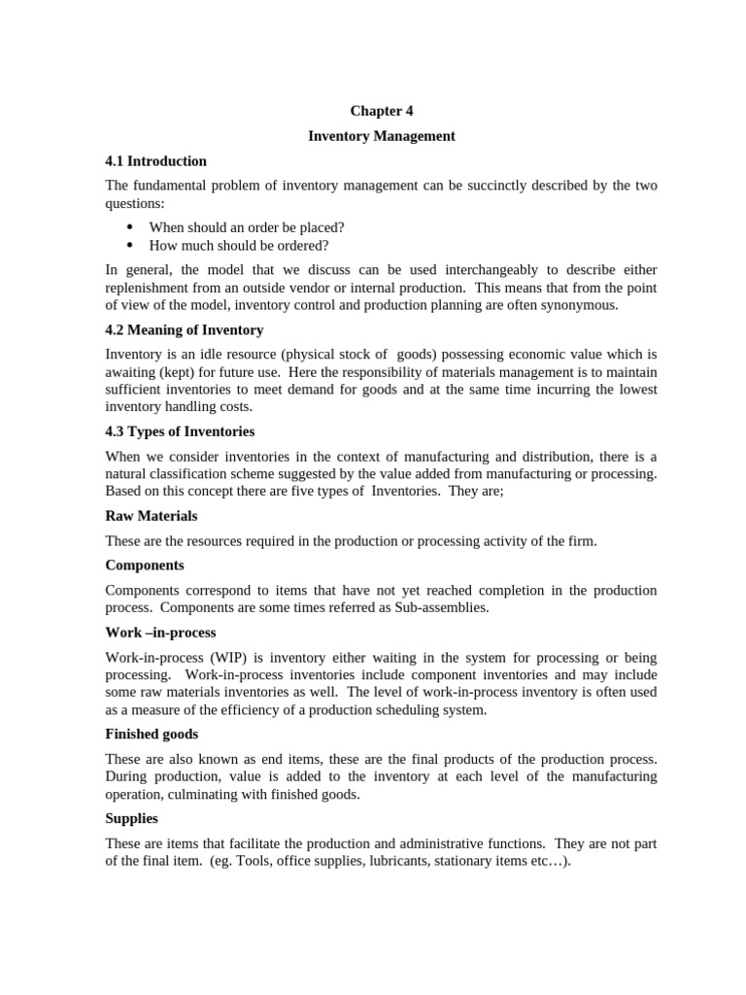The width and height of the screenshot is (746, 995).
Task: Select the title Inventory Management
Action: [x=381, y=136]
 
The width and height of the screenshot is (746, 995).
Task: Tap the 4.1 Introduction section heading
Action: [x=155, y=161]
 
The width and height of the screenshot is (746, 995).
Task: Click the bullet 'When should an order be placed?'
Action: [x=246, y=227]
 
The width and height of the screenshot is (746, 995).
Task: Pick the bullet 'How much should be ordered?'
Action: [x=238, y=245]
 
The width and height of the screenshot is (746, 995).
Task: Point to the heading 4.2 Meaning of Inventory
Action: [x=184, y=330]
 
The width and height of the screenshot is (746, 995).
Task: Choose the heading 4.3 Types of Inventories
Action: [x=180, y=431]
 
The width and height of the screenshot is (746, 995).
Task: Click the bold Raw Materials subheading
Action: [x=151, y=516]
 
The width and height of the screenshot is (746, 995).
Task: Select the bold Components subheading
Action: [x=144, y=566]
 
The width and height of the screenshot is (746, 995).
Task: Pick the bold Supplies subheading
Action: [x=131, y=819]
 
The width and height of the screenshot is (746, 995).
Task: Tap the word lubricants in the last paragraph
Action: [x=399, y=862]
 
